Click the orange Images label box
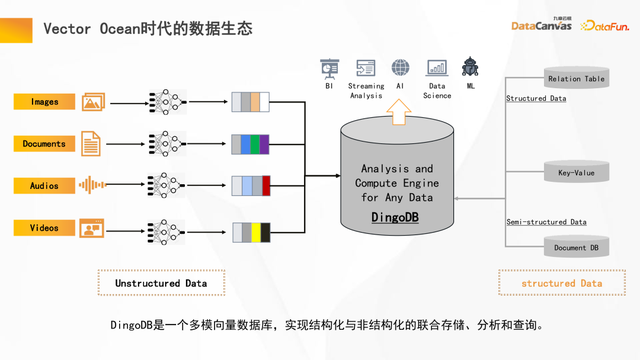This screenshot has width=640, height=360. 45,102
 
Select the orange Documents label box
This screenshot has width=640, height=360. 45,144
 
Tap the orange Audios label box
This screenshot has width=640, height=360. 45,186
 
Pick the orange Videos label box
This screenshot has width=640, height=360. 45,228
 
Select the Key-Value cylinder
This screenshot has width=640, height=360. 576,172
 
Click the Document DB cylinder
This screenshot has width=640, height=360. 576,246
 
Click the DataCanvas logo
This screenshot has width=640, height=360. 541,25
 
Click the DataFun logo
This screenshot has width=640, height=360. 603,26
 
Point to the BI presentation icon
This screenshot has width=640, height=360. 329,68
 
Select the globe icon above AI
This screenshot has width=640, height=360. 401,68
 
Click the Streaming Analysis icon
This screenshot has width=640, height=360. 365,68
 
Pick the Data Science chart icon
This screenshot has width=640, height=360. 436,68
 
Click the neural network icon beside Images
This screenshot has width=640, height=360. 163,102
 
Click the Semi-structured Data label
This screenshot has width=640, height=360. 546,222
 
